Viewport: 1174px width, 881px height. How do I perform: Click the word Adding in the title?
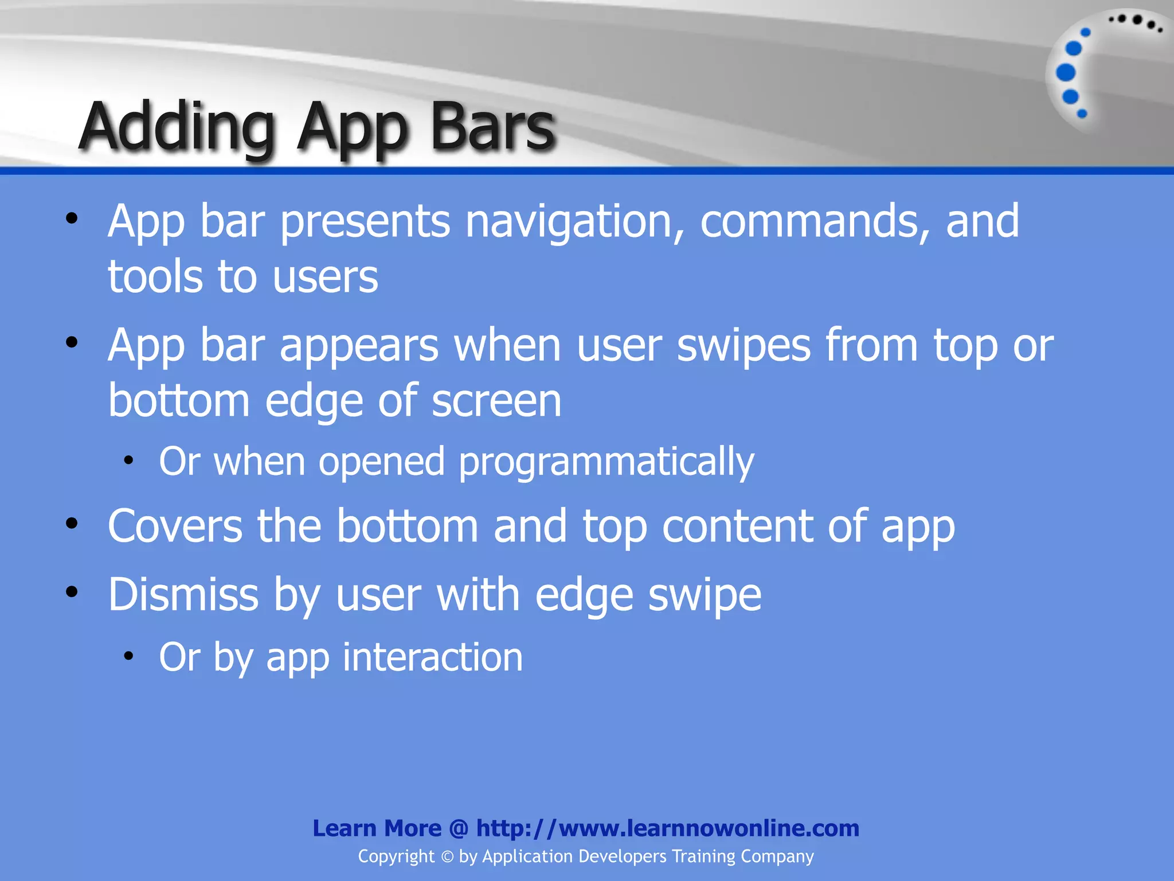point(178,127)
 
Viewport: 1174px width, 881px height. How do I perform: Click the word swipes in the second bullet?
point(743,346)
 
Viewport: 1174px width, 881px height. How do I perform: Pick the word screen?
point(496,401)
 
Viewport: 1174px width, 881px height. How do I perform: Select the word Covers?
point(175,526)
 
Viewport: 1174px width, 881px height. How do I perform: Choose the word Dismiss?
point(183,595)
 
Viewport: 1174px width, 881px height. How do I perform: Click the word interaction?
point(433,657)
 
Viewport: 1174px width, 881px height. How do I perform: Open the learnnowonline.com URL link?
point(667,828)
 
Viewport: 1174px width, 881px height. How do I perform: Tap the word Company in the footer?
point(777,857)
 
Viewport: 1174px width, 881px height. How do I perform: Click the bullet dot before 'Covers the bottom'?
point(72,524)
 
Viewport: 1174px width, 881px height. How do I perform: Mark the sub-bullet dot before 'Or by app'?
point(128,656)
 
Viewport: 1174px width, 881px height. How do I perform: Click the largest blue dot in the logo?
point(1066,73)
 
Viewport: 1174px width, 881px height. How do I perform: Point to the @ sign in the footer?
point(459,829)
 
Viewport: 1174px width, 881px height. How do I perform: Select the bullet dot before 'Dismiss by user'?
point(72,592)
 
